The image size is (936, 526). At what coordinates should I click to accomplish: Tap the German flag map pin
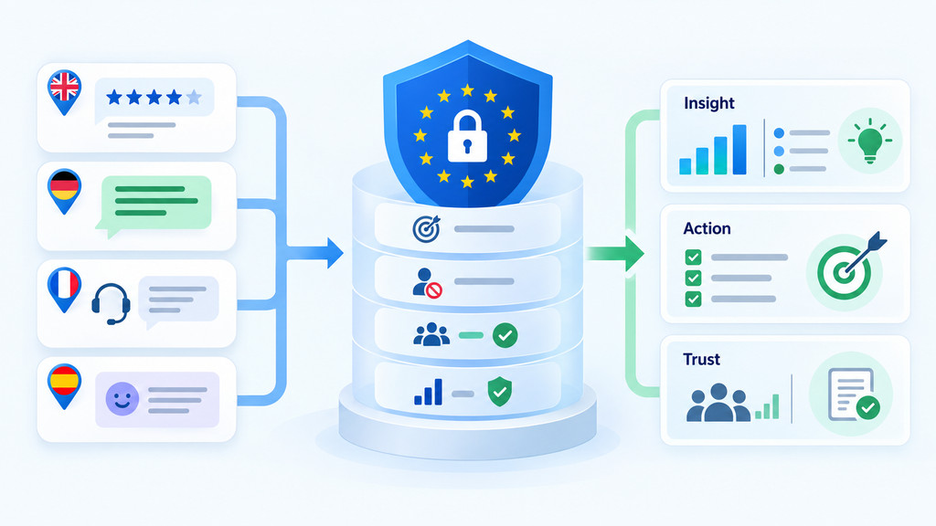pos(64,191)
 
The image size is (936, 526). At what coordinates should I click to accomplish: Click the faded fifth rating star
pos(194,97)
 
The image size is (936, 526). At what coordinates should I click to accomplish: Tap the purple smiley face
pos(122,399)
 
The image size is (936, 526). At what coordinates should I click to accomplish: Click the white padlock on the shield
pos(467,136)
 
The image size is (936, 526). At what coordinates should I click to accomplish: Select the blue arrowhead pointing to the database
pos(335,253)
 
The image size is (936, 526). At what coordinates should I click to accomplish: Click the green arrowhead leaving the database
pos(634,253)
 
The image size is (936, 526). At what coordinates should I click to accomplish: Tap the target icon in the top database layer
pos(426,229)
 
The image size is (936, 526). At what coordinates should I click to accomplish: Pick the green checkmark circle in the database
pos(505,336)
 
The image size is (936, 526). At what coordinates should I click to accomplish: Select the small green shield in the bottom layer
pos(500,391)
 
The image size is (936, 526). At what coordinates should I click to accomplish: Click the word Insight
pos(708,103)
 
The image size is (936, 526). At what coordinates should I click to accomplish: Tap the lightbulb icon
pos(870,142)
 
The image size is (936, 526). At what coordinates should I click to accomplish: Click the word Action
pos(707,228)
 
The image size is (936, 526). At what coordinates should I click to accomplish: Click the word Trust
pos(701,359)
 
